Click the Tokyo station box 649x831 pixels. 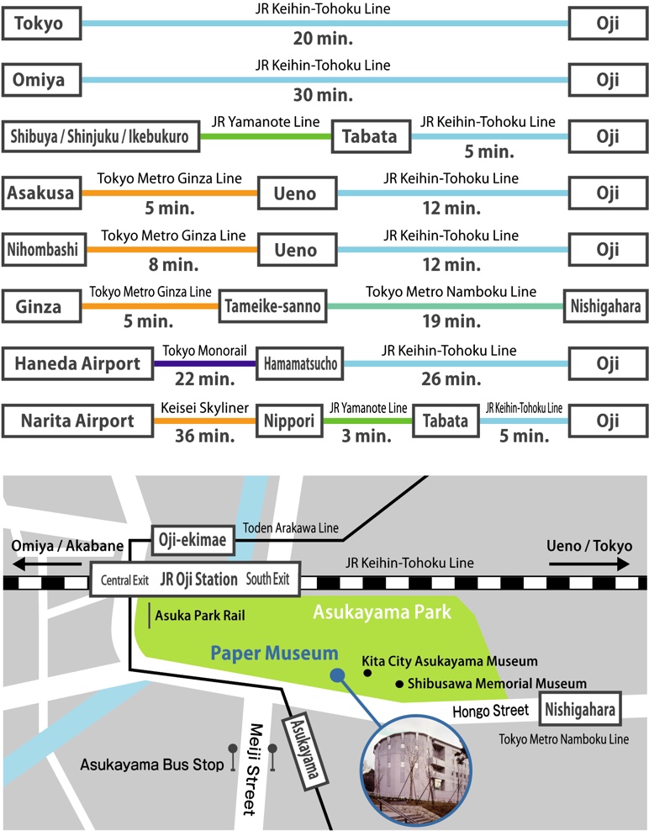(42, 24)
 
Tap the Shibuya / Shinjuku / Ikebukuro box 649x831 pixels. (101, 136)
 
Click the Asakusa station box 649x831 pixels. (42, 193)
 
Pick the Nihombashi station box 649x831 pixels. (42, 250)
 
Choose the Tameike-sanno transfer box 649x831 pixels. (272, 306)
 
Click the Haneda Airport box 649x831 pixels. (77, 363)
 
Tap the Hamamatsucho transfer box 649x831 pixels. (301, 363)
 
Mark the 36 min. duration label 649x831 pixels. (204, 437)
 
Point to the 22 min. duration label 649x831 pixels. (204, 380)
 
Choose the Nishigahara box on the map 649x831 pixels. (580, 710)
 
